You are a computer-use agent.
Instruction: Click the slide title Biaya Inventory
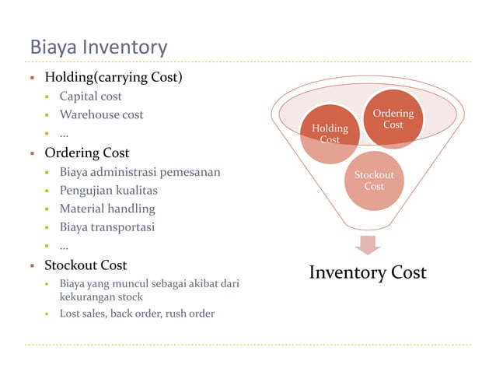(x=98, y=47)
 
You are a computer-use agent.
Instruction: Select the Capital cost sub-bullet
(x=91, y=97)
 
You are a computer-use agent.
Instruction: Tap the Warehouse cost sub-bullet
(x=102, y=115)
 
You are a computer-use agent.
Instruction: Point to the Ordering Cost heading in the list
(x=86, y=153)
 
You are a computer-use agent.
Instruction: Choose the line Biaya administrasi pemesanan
(x=140, y=171)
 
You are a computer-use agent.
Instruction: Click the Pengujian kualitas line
(x=109, y=190)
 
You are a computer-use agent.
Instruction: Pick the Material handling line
(x=107, y=209)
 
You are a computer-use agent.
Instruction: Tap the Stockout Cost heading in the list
(x=86, y=265)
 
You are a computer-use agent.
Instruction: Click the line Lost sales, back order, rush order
(x=137, y=314)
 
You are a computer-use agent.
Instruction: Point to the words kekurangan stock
(x=101, y=297)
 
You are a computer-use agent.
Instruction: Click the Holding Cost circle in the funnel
(x=330, y=132)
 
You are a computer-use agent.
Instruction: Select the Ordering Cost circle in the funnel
(x=393, y=119)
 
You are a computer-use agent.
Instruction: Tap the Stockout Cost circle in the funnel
(x=374, y=181)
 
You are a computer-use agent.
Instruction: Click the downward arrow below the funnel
(x=368, y=244)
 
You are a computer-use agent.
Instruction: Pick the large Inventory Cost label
(x=368, y=272)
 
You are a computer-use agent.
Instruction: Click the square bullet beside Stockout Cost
(x=32, y=265)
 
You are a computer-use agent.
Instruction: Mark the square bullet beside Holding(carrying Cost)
(x=32, y=78)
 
